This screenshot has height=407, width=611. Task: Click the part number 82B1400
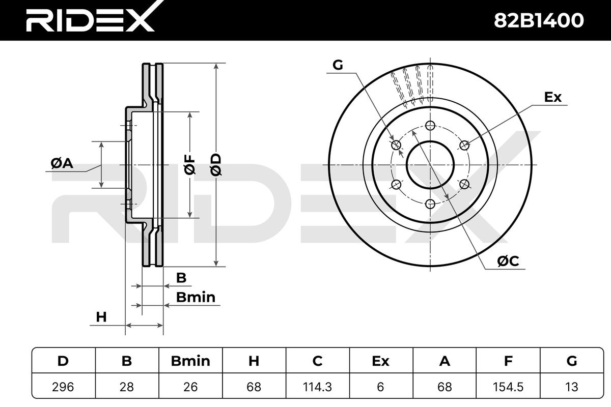pos(539,21)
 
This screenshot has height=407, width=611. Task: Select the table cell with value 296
pos(63,387)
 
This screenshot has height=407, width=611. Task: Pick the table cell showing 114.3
pos(318,387)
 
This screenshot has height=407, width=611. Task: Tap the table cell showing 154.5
pos(508,387)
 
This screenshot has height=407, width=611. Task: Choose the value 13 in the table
pos(571,387)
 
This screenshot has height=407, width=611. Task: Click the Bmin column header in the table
pos(190,361)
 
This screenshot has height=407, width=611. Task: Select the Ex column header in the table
pos(381,361)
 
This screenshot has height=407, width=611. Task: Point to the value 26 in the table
pos(190,387)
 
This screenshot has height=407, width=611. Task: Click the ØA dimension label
pos(62,164)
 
